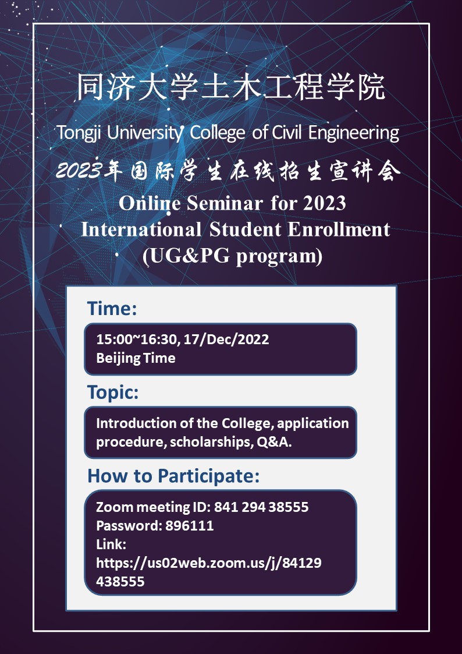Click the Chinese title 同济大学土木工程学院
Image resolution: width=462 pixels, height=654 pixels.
point(231,87)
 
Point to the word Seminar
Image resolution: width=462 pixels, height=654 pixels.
point(225,203)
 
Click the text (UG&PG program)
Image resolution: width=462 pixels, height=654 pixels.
point(233,256)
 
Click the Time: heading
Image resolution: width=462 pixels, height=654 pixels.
point(112,309)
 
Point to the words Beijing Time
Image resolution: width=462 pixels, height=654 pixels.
point(136,358)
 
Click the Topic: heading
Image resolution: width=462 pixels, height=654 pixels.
point(113,393)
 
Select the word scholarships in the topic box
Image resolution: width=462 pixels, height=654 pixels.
point(209,442)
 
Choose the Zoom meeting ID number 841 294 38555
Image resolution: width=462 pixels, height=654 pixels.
point(261,507)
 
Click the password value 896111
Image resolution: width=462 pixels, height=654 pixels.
point(190,525)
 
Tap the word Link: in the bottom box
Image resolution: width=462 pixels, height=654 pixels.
point(111,545)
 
